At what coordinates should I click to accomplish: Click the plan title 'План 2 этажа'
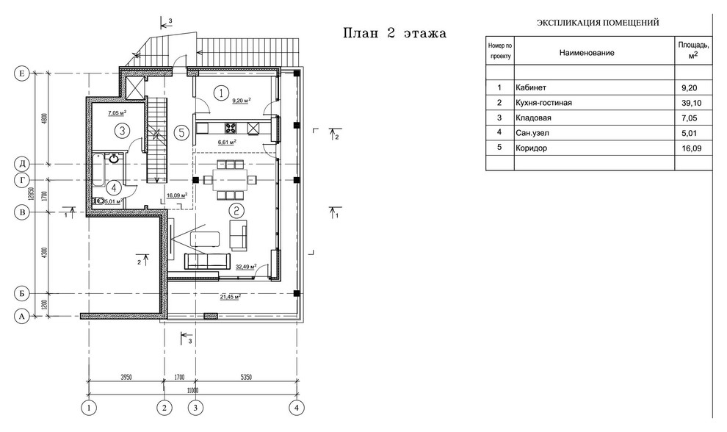[394, 33]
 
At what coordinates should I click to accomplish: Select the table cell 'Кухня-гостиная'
[543, 103]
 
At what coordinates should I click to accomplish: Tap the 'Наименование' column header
[587, 53]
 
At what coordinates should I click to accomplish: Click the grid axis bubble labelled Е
[22, 73]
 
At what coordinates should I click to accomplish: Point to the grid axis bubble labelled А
[22, 317]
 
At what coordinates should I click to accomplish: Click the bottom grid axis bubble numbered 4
[297, 408]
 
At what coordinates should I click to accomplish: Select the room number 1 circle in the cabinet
[221, 93]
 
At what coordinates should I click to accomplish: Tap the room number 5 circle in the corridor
[182, 133]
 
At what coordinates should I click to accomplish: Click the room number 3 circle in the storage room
[122, 131]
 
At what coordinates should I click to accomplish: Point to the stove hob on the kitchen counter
[231, 128]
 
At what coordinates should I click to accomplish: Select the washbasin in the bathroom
[115, 159]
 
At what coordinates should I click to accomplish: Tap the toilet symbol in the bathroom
[98, 201]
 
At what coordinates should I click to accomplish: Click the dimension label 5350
[246, 377]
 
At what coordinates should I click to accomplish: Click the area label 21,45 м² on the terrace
[231, 297]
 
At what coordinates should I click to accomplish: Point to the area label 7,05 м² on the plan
[117, 112]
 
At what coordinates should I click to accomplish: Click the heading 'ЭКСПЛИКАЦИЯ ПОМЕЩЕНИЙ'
[598, 23]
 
